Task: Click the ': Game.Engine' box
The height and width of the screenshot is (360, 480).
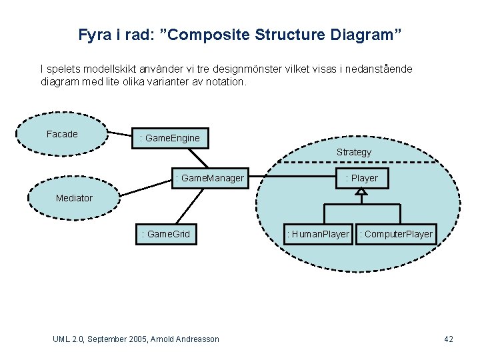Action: click(x=171, y=138)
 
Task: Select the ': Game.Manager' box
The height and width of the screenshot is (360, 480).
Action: click(x=209, y=178)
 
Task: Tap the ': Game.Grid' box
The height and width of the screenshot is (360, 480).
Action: click(x=166, y=234)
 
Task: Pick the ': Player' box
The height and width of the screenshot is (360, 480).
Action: click(x=361, y=178)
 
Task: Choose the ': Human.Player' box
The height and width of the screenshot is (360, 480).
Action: click(x=318, y=234)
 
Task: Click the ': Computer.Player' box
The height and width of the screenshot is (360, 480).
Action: click(x=396, y=234)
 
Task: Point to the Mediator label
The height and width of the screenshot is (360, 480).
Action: click(x=74, y=198)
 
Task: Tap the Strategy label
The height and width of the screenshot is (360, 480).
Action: click(x=353, y=152)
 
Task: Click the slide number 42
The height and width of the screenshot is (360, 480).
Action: click(x=449, y=339)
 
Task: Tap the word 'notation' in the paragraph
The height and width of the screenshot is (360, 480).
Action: click(x=227, y=83)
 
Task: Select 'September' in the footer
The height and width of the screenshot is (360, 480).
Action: click(x=107, y=339)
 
